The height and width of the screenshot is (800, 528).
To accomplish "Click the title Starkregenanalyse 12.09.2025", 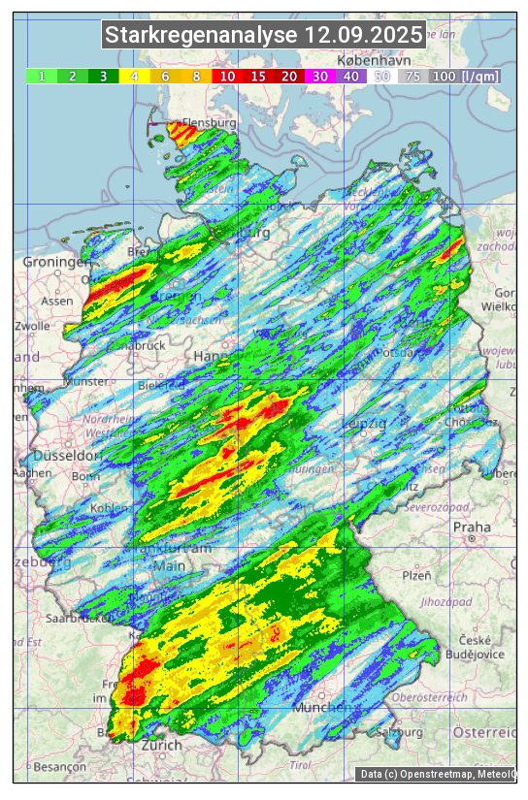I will tap(264, 36).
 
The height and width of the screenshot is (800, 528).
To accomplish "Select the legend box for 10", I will tap(227, 76).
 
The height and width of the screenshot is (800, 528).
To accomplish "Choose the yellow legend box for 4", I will tap(134, 76).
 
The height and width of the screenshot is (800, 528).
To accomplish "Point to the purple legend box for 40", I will tap(351, 76).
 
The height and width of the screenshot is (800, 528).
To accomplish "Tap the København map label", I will tap(373, 60).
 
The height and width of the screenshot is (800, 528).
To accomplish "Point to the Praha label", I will tap(472, 528).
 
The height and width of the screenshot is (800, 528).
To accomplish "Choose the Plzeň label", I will tap(416, 575).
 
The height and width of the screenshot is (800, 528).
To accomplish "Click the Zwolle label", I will tap(32, 326).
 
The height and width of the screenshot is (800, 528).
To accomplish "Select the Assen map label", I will tap(57, 301).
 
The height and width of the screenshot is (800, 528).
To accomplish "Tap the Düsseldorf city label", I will tap(68, 456).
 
